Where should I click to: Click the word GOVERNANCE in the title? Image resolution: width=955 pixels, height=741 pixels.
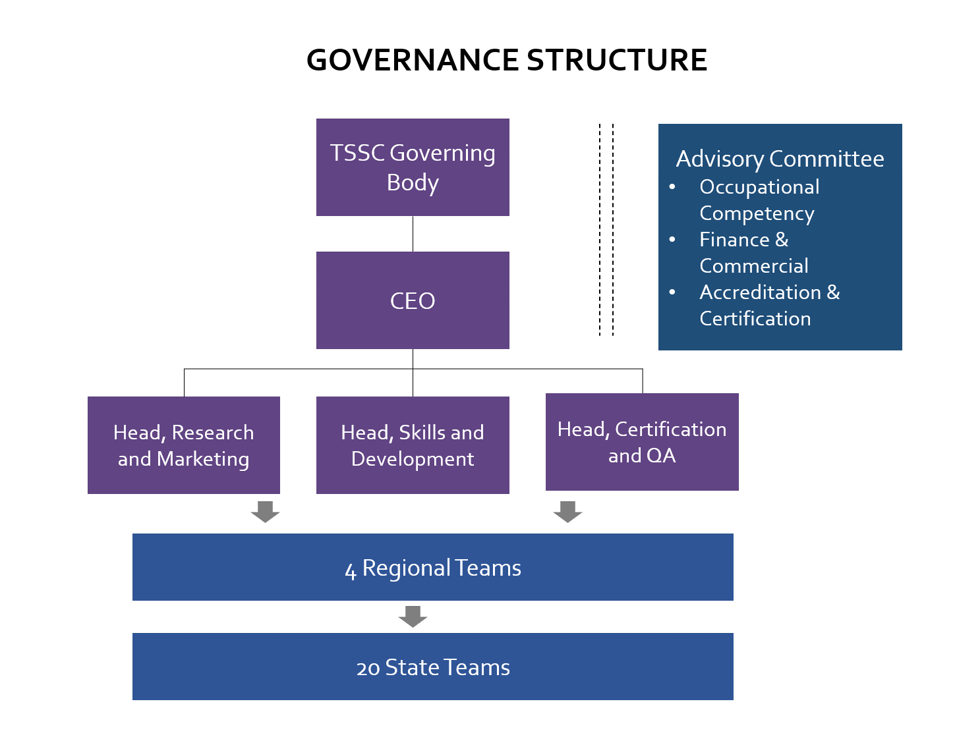click(x=413, y=60)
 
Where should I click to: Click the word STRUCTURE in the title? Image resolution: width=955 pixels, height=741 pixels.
click(x=617, y=60)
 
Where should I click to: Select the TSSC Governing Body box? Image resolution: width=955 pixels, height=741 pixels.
click(x=413, y=167)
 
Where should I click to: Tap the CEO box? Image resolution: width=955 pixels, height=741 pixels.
click(x=413, y=300)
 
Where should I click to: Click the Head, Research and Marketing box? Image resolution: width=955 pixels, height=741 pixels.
click(x=183, y=445)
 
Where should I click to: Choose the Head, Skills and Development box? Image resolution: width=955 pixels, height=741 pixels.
click(x=413, y=445)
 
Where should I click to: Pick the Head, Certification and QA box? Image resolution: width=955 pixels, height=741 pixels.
click(x=642, y=442)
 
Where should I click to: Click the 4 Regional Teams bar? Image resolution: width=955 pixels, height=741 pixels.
click(x=432, y=567)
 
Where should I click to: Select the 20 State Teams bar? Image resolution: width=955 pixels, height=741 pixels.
click(x=432, y=667)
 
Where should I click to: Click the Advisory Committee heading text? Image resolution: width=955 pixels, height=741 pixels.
click(x=780, y=159)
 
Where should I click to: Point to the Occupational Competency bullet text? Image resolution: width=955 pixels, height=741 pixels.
click(x=759, y=200)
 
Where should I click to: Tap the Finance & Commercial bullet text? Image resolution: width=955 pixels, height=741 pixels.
click(x=753, y=252)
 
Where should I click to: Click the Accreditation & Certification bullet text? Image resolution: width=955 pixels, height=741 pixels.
click(x=769, y=305)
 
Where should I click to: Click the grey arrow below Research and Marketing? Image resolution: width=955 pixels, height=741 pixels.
click(x=266, y=511)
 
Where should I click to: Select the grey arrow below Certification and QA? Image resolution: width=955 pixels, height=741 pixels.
click(x=567, y=511)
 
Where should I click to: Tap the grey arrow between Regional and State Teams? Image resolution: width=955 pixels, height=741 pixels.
click(x=413, y=616)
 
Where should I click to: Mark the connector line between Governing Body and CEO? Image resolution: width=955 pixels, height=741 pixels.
click(x=413, y=234)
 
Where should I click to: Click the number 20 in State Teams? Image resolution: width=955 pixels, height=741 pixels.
click(x=368, y=668)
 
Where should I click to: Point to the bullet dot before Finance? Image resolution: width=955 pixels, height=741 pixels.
click(x=672, y=239)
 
